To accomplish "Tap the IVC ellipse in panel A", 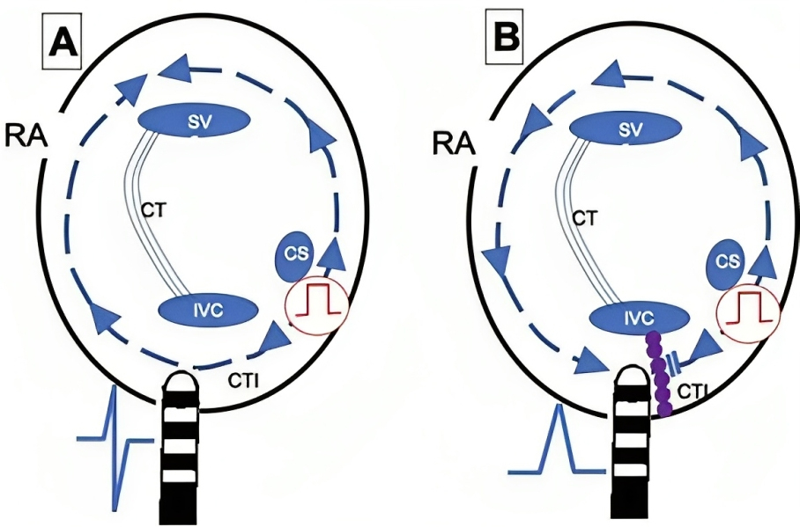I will (x=208, y=310).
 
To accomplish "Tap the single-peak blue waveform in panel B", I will (x=557, y=440).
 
